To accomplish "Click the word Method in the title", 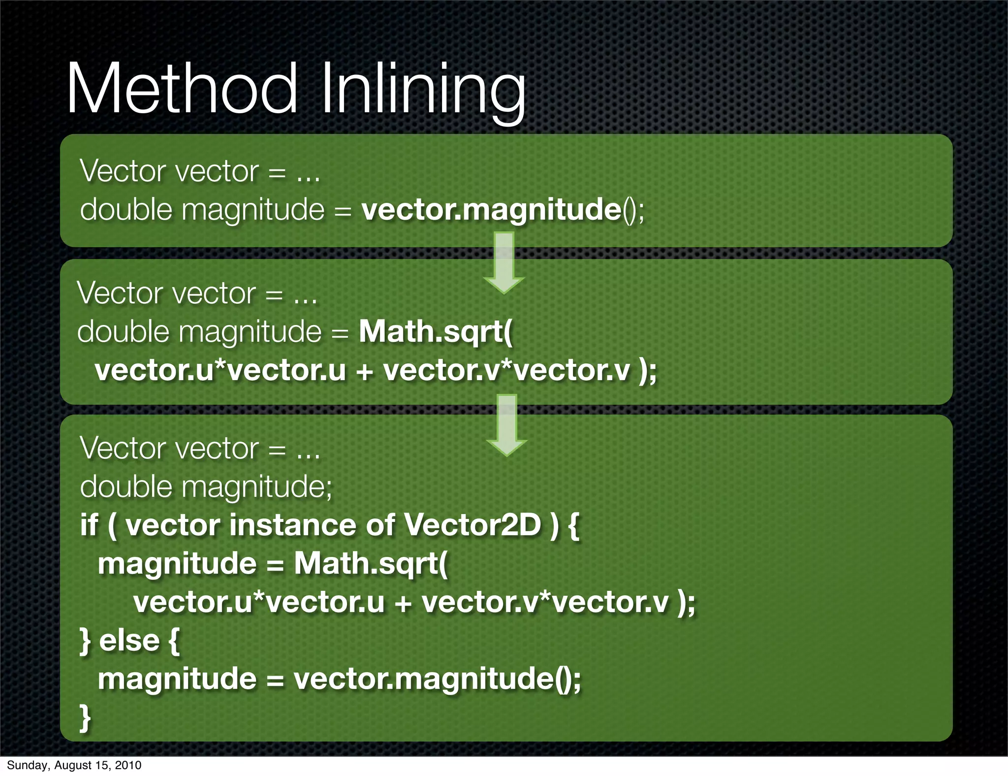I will (182, 89).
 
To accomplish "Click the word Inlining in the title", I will (423, 91).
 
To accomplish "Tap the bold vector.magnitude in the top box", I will (491, 209).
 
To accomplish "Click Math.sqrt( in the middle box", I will (436, 331).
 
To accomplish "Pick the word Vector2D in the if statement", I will (472, 525).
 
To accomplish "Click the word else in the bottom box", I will (129, 641).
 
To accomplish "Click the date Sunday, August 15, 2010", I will (74, 765).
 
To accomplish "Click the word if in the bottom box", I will (89, 525).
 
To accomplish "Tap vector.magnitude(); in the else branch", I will (438, 679).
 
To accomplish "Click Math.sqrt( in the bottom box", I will (371, 563).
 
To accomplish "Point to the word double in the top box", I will (126, 209).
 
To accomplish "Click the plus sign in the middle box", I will (365, 371).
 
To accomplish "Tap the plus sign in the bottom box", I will (403, 602).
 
